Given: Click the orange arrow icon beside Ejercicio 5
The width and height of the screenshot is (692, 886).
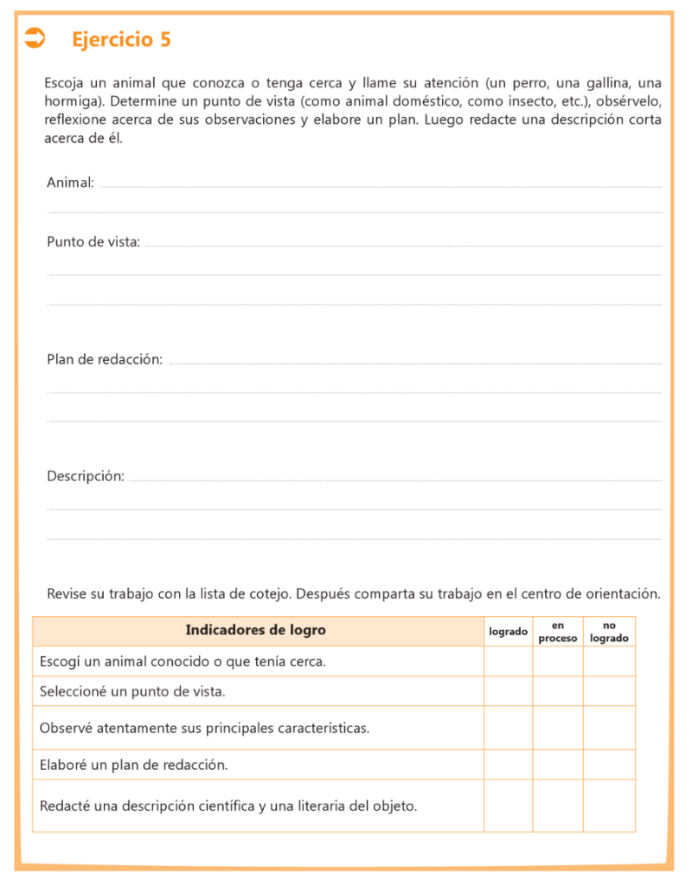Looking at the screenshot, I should tap(35, 37).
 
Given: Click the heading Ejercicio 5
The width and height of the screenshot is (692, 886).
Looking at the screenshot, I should tap(121, 39).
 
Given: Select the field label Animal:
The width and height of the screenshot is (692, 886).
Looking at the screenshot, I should tap(70, 183).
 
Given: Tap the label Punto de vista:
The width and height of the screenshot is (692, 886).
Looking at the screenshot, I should tap(93, 242).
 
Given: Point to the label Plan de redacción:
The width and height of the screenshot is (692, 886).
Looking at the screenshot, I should tap(105, 360).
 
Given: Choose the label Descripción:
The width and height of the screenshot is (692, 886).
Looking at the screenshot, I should tap(86, 476).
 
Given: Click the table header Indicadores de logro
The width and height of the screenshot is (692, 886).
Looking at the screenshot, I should tap(256, 630).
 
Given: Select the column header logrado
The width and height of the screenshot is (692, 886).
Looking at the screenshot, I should tap(508, 632).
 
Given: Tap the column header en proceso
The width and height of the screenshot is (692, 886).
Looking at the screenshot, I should tap(558, 632).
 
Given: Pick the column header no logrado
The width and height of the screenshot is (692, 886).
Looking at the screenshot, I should tap(609, 632).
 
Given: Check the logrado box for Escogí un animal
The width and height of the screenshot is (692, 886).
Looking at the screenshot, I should tap(508, 662).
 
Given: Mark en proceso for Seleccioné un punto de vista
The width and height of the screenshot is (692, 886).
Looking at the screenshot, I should tap(558, 691).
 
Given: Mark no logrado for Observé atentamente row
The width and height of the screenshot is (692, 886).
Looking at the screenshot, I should tap(609, 728).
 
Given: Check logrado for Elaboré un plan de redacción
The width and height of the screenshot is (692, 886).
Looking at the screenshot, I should tap(508, 765).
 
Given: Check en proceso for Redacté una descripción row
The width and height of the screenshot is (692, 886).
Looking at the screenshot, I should tap(558, 806).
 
